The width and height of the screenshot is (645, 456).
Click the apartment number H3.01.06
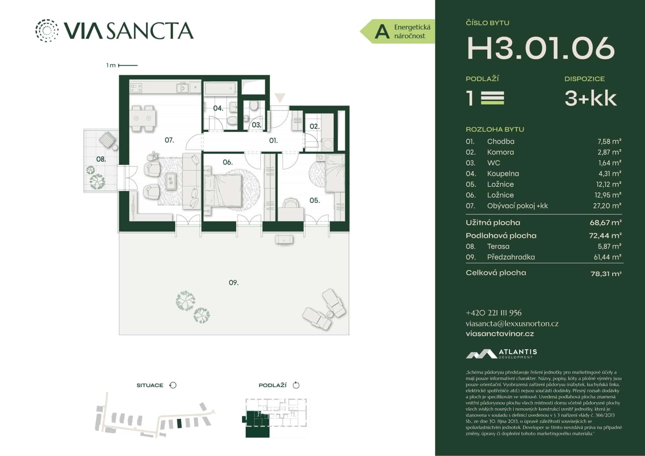tap(540, 48)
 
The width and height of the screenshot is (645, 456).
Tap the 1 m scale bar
tap(128, 65)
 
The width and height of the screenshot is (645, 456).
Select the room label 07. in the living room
tap(169, 140)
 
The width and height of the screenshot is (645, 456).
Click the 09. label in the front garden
tap(234, 283)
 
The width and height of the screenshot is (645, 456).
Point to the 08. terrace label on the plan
tap(101, 159)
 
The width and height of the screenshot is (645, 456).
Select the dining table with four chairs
tap(143, 118)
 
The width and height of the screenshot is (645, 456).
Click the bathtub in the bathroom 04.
tap(220, 88)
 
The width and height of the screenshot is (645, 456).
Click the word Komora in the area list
tap(500, 152)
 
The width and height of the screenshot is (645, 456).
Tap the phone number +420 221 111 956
tap(493, 313)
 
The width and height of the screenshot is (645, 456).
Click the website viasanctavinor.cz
tap(500, 334)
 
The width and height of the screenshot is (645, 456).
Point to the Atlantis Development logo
tap(501, 353)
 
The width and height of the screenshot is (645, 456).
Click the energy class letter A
tap(382, 31)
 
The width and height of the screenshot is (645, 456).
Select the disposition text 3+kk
tap(590, 98)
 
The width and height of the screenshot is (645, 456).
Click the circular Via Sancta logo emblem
tap(47, 30)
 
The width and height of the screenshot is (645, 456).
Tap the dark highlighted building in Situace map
tap(179, 423)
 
